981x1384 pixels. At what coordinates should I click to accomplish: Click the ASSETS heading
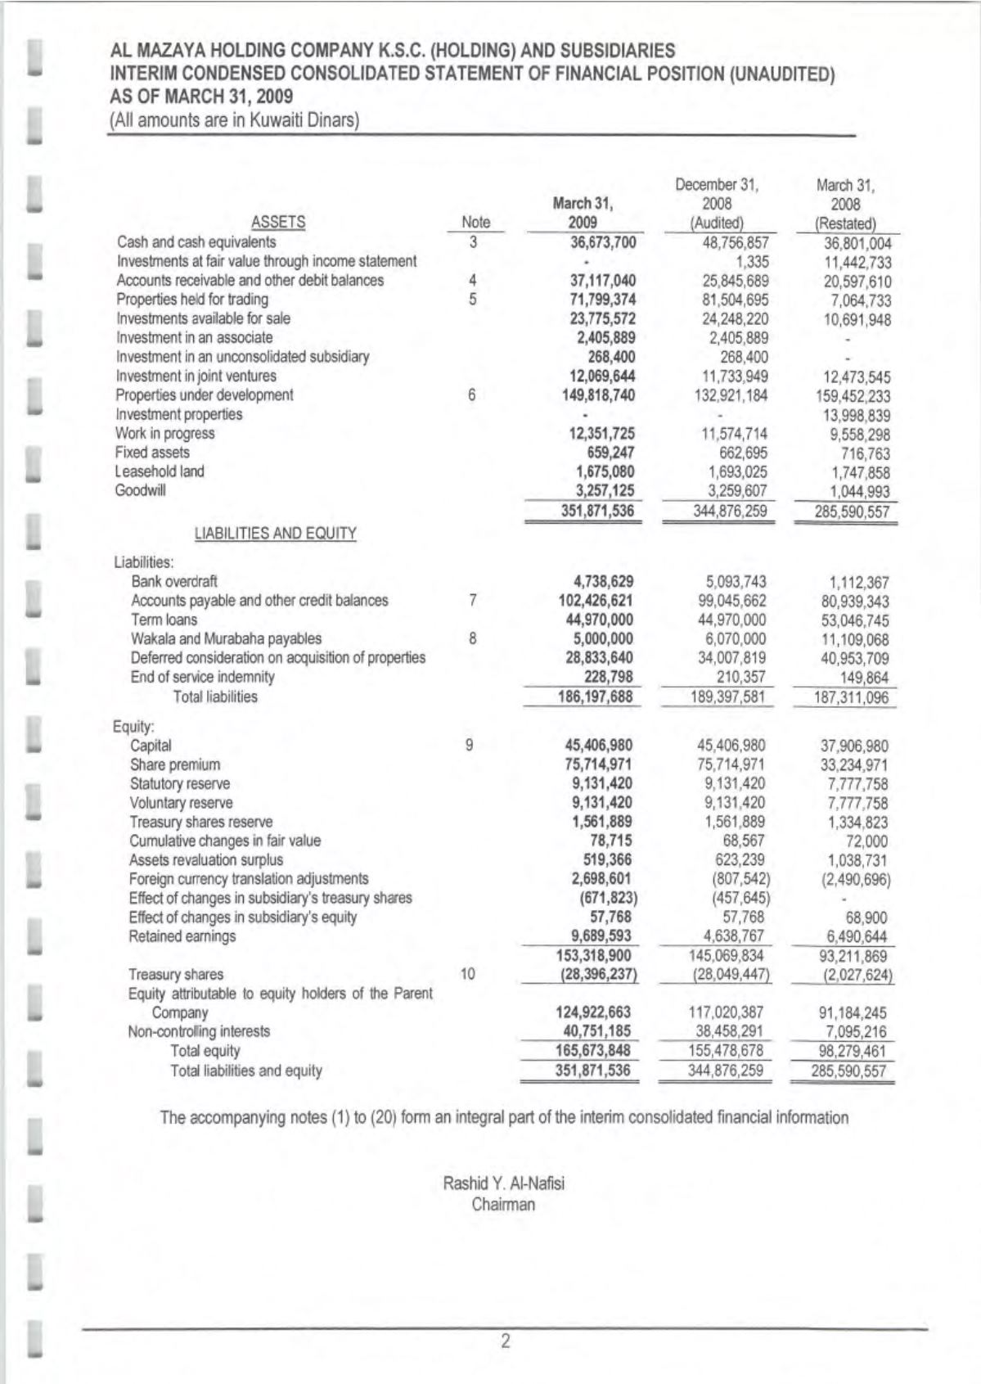point(278,222)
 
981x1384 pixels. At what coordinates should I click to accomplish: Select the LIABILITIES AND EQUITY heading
point(275,534)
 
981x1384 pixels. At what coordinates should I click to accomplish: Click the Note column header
point(475,222)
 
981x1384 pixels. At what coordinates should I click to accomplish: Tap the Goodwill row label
point(141,491)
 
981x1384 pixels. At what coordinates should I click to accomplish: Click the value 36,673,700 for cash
point(602,242)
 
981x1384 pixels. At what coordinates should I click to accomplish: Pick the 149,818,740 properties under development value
point(601,395)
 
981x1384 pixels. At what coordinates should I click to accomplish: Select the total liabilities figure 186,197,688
point(595,697)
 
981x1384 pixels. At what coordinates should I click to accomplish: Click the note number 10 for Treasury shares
point(468,974)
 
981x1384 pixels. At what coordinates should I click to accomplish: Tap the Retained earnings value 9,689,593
point(601,936)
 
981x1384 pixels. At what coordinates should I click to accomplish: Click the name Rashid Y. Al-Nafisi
point(503,1183)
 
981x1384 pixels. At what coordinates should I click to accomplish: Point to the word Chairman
point(503,1205)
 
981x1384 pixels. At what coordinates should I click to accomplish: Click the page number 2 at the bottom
point(505,1341)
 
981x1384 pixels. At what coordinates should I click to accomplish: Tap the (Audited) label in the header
point(717,223)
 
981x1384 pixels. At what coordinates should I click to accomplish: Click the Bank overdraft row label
point(174,582)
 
